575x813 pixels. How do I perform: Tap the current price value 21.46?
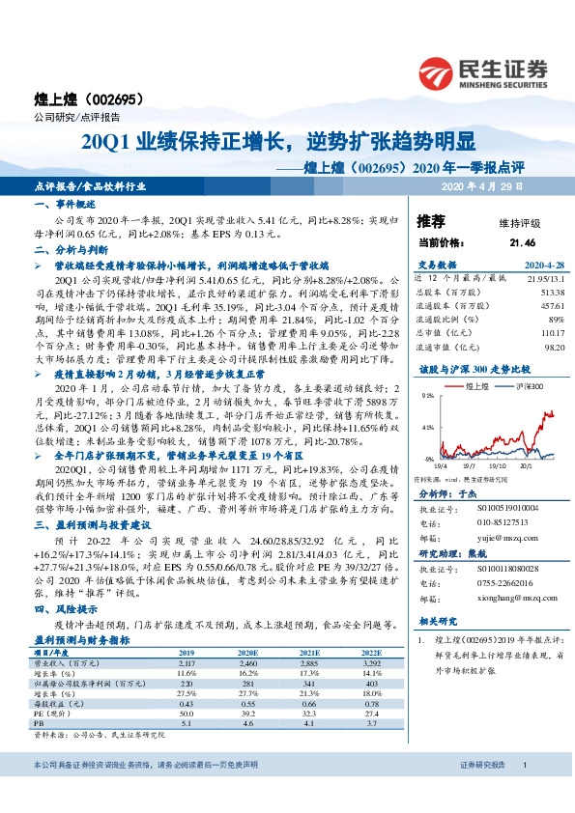(x=521, y=242)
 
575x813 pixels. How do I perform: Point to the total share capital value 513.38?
(x=551, y=291)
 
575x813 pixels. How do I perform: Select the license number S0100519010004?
(x=504, y=505)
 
